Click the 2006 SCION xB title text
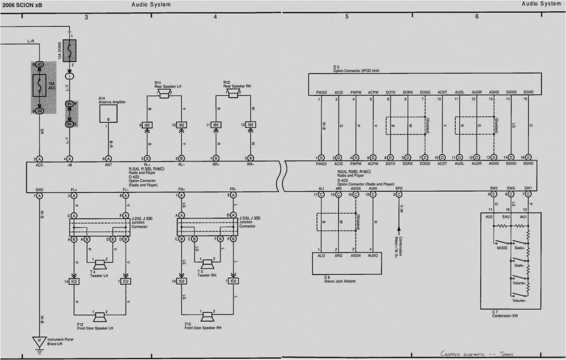point(22,5)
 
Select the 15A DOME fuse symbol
point(70,51)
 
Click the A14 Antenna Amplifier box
point(108,113)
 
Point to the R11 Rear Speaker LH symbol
point(164,94)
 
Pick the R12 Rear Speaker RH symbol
point(233,94)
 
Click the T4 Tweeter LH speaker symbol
point(99,264)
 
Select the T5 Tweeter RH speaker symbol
point(207,264)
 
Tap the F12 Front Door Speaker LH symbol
point(100,317)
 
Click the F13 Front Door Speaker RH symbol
point(207,317)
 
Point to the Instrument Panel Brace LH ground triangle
point(39,342)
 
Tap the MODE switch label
point(502,248)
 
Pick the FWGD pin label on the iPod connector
point(321,93)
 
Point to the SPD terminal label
point(399,189)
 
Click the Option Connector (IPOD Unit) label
point(356,71)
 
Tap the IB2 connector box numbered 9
point(147,125)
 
